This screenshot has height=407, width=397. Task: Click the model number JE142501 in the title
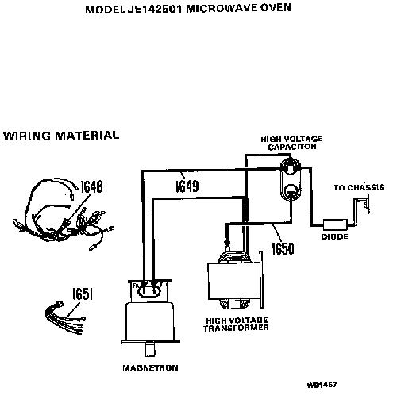click(155, 9)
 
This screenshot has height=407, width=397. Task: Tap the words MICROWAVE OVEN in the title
click(238, 8)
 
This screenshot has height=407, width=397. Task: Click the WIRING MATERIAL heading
click(61, 136)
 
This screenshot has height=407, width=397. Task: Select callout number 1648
click(91, 186)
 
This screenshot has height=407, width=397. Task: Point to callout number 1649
click(187, 186)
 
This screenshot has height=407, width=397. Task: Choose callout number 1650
click(283, 248)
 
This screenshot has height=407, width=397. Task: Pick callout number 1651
click(83, 294)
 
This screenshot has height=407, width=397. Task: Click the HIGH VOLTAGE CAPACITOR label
click(292, 143)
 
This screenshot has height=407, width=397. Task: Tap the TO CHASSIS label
click(359, 187)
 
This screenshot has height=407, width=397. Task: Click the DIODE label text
click(334, 236)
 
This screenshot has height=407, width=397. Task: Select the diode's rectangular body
click(335, 225)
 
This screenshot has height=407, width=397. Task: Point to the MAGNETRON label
click(150, 367)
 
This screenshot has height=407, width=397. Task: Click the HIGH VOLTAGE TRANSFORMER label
click(236, 324)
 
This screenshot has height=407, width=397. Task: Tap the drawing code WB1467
click(322, 385)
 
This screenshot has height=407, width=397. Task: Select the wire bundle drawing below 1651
click(65, 319)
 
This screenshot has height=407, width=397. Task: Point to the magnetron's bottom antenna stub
click(150, 350)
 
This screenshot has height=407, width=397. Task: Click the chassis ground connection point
click(366, 204)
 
